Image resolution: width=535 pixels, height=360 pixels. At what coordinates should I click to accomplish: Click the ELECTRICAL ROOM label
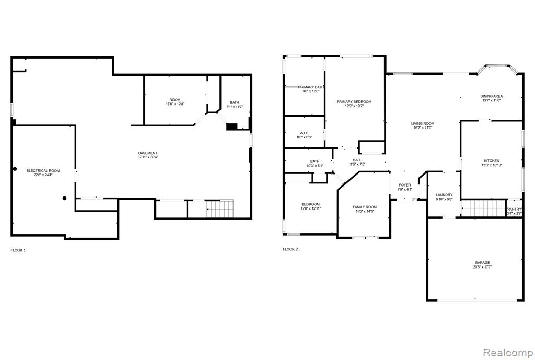[x=43, y=171]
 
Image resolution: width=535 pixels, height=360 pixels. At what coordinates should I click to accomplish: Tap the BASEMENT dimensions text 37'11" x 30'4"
[x=148, y=157]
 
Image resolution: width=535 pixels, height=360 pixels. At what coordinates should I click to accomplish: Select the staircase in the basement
[x=220, y=208]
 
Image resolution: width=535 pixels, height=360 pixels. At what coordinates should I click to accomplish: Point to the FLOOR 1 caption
[x=18, y=250]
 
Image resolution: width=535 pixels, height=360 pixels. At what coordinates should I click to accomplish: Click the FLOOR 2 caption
[x=290, y=249]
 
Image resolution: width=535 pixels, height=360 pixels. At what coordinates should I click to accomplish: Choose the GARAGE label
[x=482, y=263]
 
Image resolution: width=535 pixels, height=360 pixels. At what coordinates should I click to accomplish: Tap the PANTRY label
[x=515, y=209]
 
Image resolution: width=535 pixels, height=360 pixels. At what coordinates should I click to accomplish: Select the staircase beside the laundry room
[x=483, y=208]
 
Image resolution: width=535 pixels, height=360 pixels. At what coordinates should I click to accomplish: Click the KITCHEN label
[x=492, y=161]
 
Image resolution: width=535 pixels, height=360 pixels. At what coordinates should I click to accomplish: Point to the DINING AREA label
[x=491, y=96]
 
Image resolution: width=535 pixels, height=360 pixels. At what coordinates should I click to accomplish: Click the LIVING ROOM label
[x=422, y=123]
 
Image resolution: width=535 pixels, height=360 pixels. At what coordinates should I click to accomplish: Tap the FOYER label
[x=405, y=185]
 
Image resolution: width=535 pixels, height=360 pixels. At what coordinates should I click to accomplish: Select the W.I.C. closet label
[x=305, y=133]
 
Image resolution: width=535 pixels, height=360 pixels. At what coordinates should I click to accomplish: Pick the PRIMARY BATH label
[x=311, y=87]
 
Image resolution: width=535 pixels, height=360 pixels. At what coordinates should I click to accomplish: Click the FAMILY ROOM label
[x=365, y=207]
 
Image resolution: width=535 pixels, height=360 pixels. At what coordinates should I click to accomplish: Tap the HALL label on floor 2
[x=357, y=160]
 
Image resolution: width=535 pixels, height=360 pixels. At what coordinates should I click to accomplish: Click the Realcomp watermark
[x=507, y=352]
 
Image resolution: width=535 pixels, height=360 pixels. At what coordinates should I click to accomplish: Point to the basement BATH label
[x=235, y=102]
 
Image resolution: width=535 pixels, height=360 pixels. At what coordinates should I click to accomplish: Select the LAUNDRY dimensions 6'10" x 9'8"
[x=444, y=199]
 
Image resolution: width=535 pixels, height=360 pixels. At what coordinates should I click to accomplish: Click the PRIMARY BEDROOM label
[x=354, y=102]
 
